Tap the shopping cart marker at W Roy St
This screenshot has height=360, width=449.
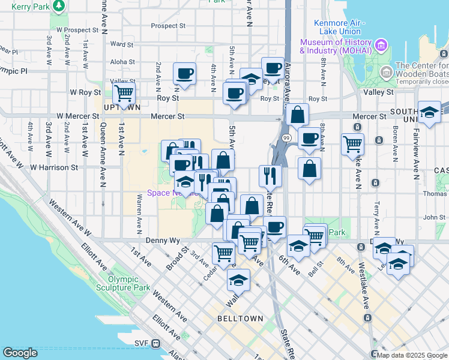point(124,94)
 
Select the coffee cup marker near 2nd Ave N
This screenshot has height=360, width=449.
point(184,74)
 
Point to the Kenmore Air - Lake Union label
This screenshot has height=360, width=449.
point(338,27)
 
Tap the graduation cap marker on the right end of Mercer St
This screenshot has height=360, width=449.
point(430,112)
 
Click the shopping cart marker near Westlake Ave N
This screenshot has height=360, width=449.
point(352,143)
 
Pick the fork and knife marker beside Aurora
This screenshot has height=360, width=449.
point(270,175)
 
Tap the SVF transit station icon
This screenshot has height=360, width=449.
point(155,343)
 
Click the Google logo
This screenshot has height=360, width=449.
point(20,353)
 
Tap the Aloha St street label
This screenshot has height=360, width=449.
point(122,62)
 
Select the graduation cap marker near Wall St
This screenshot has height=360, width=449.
point(238,280)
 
